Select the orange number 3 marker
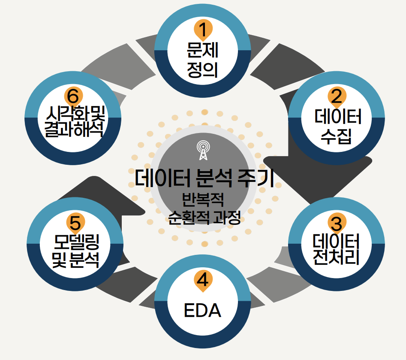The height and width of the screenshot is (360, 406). pyautogui.click(x=337, y=223)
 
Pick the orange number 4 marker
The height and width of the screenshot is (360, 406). pyautogui.click(x=203, y=281)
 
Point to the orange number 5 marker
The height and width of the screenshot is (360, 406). pyautogui.click(x=75, y=224)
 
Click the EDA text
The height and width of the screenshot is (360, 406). pyautogui.click(x=202, y=310)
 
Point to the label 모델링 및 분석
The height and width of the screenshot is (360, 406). pyautogui.click(x=75, y=251)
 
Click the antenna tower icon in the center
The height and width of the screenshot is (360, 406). pyautogui.click(x=203, y=150)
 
